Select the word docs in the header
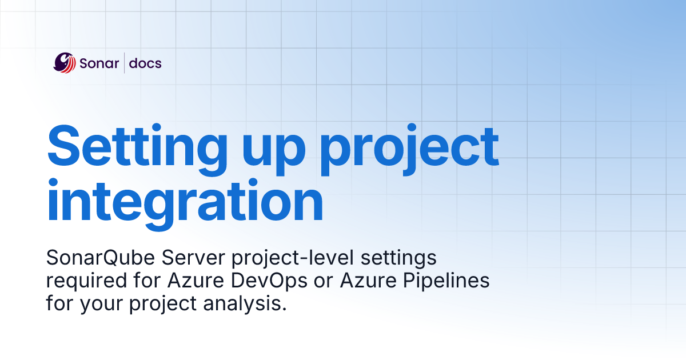[145, 63]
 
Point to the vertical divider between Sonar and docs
[124, 63]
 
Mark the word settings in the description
[400, 259]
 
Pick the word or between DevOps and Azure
[309, 282]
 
